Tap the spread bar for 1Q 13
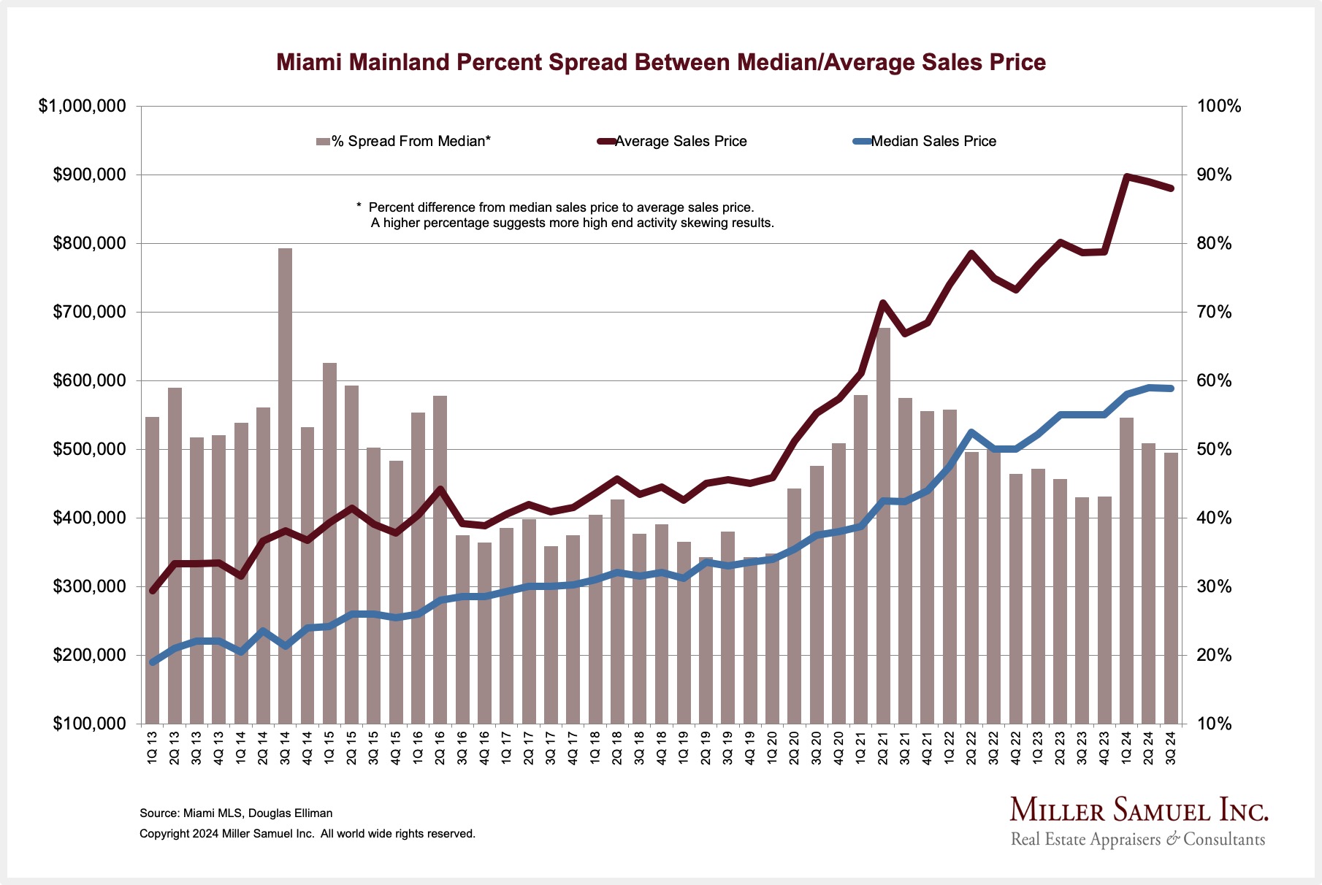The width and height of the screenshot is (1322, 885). click(x=152, y=570)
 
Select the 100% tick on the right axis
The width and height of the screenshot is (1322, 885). click(x=1218, y=107)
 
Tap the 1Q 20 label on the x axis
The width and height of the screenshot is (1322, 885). click(x=772, y=747)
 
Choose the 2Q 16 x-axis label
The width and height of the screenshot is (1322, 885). click(x=440, y=747)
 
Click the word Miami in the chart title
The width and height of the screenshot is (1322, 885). click(x=309, y=62)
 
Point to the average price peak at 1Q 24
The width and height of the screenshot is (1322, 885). click(x=1127, y=177)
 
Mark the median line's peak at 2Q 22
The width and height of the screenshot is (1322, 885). click(x=971, y=433)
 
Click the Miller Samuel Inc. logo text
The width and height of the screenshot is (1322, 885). click(x=1139, y=811)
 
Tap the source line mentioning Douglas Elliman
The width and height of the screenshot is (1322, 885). click(x=236, y=813)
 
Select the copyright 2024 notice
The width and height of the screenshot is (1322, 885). click(x=307, y=834)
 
